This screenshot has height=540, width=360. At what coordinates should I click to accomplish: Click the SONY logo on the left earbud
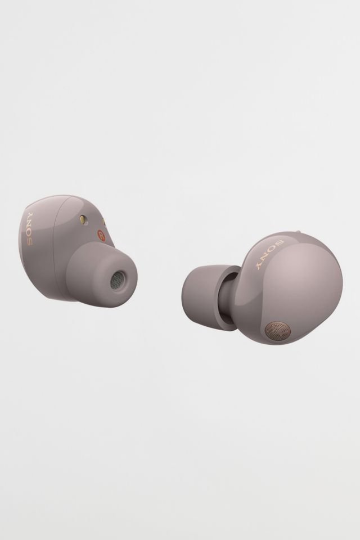(x=30, y=229)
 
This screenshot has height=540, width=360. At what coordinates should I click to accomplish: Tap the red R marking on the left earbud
(x=101, y=236)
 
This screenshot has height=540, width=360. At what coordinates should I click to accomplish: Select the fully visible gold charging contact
(x=83, y=219)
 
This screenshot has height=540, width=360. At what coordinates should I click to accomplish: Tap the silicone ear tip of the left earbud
(x=102, y=274)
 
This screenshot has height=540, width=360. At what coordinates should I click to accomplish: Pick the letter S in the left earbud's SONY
(x=30, y=241)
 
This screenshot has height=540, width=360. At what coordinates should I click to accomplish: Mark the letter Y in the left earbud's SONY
(x=30, y=215)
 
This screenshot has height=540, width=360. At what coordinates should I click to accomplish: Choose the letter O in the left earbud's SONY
(x=30, y=233)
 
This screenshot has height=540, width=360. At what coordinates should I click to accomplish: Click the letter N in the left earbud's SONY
(x=30, y=224)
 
